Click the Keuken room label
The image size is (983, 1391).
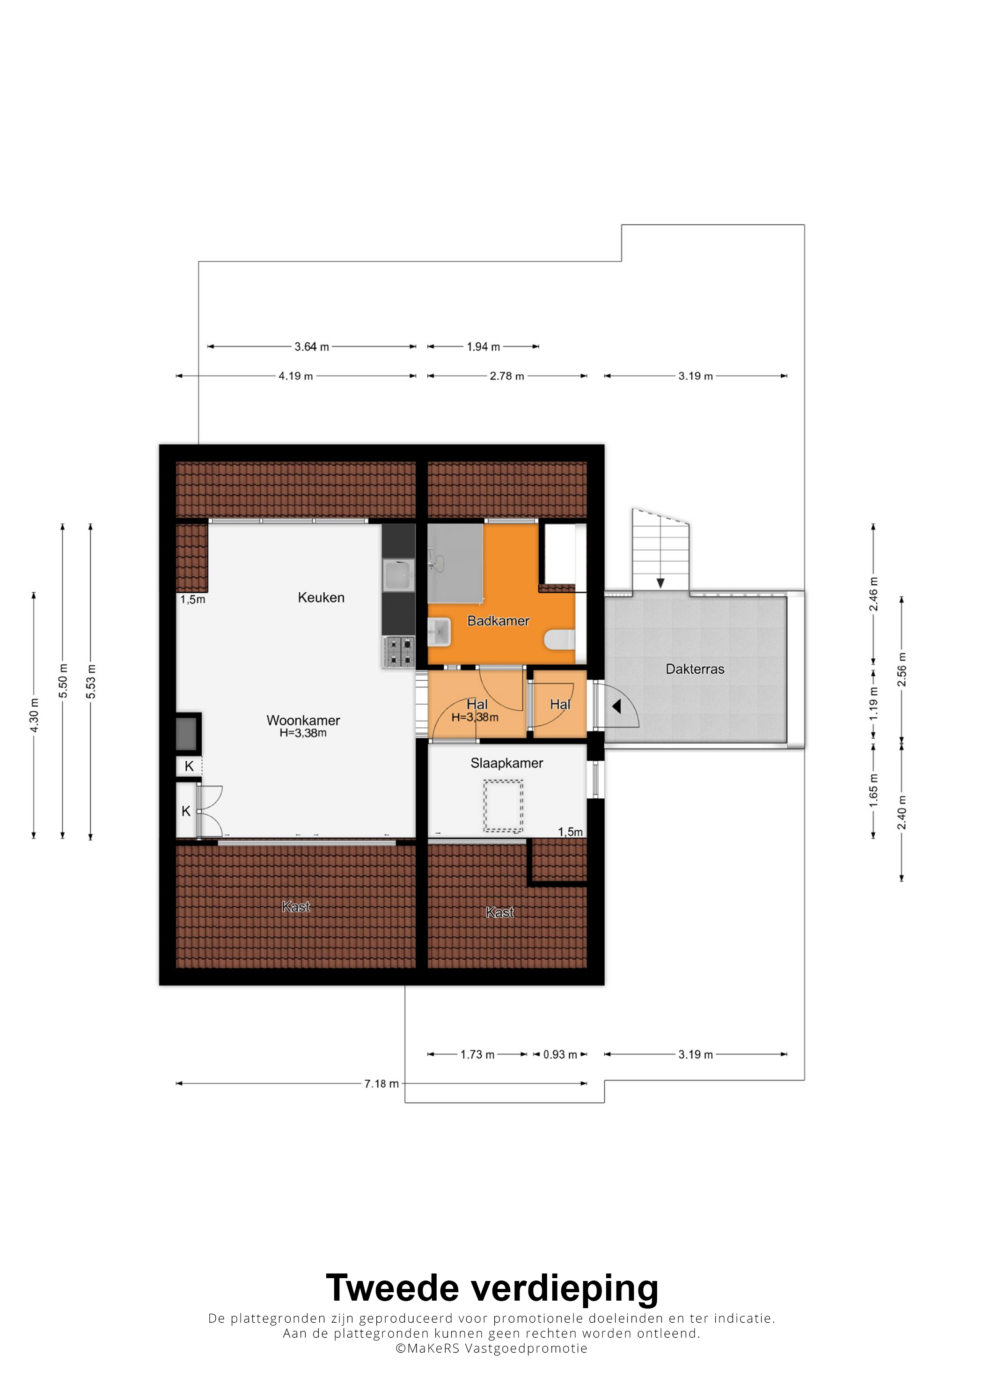pyautogui.click(x=321, y=597)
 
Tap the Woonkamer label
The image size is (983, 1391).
pyautogui.click(x=303, y=721)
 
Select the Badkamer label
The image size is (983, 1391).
pyautogui.click(x=498, y=621)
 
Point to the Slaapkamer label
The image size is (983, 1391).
pyautogui.click(x=506, y=763)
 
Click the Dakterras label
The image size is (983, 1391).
pyautogui.click(x=695, y=669)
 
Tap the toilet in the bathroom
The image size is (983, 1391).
pyautogui.click(x=560, y=640)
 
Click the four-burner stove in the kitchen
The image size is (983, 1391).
pyautogui.click(x=398, y=652)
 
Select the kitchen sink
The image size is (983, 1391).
pyautogui.click(x=398, y=575)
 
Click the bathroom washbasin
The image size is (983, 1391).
pyautogui.click(x=439, y=632)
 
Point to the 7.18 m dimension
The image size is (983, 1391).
pyautogui.click(x=381, y=1083)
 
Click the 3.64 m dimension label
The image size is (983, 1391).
pyautogui.click(x=311, y=346)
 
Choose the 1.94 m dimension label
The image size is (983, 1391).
pyautogui.click(x=484, y=346)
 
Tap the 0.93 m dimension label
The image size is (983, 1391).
pyautogui.click(x=560, y=1054)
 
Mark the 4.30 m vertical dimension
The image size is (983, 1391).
pyautogui.click(x=34, y=715)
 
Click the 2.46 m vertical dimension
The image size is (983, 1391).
pyautogui.click(x=873, y=594)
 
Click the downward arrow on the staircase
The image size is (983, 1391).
pyautogui.click(x=661, y=582)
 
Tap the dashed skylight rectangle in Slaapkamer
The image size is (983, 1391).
pyautogui.click(x=503, y=806)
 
